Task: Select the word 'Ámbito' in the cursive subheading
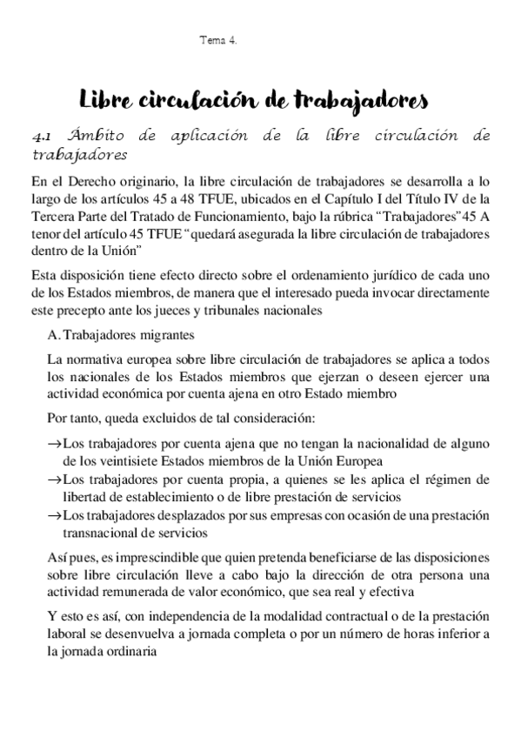point(88,137)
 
